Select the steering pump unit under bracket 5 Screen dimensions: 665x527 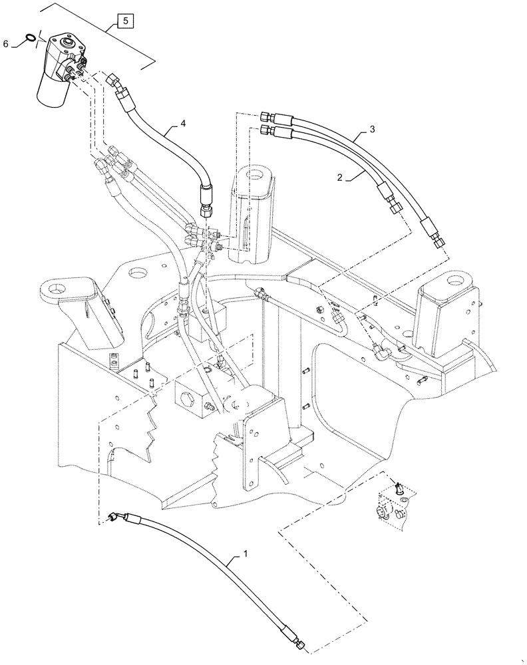[x=58, y=66]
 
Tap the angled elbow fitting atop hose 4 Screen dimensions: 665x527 [x=113, y=84]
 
